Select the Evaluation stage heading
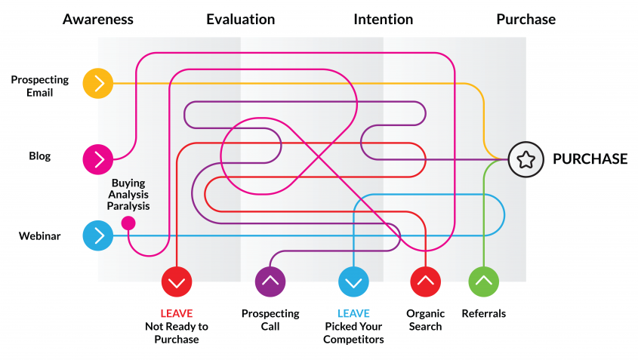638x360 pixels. [x=240, y=19]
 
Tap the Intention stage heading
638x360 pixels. [x=383, y=19]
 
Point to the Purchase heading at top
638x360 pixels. [x=526, y=19]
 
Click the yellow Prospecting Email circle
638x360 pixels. [x=98, y=83]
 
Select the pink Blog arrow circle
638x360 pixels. [x=98, y=158]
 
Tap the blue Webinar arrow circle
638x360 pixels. [x=98, y=235]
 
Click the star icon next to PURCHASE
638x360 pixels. [x=526, y=159]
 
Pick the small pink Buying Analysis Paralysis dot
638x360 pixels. [x=128, y=223]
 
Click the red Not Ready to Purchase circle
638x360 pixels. [x=177, y=282]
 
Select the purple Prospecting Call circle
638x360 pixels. [x=270, y=282]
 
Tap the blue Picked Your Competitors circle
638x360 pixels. [x=353, y=282]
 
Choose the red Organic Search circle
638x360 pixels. [x=425, y=282]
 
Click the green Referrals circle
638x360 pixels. [x=484, y=282]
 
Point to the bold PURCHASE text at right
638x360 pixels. [x=590, y=159]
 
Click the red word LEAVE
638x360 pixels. [x=176, y=313]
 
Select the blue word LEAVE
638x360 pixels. [x=353, y=313]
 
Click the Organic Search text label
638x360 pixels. [x=425, y=320]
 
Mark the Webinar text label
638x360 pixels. [x=39, y=236]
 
